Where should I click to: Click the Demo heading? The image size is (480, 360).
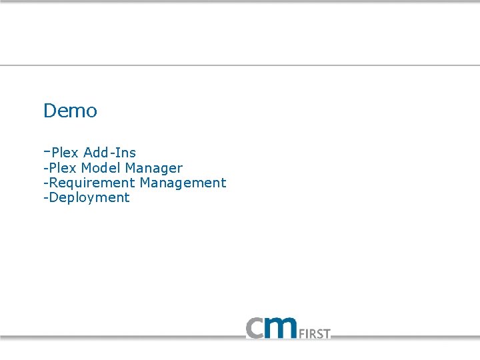pyautogui.click(x=70, y=111)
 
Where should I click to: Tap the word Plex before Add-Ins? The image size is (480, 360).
pyautogui.click(x=65, y=153)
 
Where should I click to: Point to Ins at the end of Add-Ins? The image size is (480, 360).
pyautogui.click(x=125, y=153)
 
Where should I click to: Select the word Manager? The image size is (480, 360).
pyautogui.click(x=153, y=168)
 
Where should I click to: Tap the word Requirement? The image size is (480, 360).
pyautogui.click(x=91, y=183)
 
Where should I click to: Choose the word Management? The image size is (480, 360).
pyautogui.click(x=183, y=183)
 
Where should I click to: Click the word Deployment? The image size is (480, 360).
pyautogui.click(x=89, y=198)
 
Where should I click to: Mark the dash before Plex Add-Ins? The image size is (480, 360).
pyautogui.click(x=47, y=151)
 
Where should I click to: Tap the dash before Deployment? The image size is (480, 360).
pyautogui.click(x=45, y=198)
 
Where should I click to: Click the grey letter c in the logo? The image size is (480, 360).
pyautogui.click(x=257, y=328)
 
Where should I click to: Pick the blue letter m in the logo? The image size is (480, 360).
pyautogui.click(x=284, y=327)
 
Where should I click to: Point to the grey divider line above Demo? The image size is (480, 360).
pyautogui.click(x=240, y=65)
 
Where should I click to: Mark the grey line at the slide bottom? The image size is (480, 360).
pyautogui.click(x=240, y=339)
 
